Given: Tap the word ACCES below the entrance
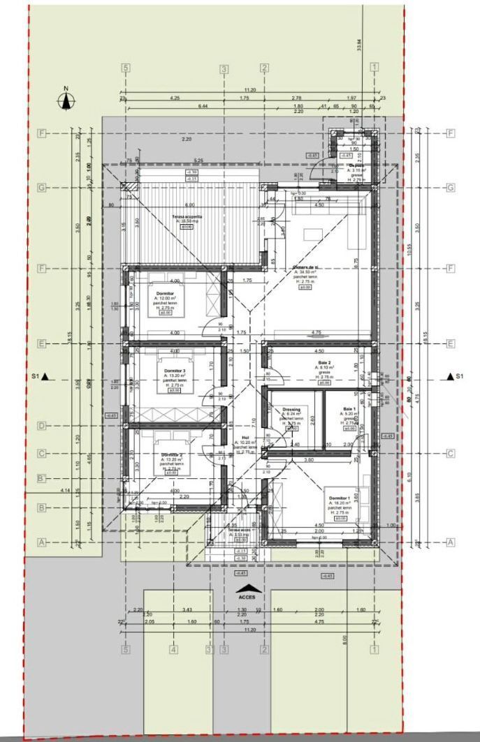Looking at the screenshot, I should [246, 598].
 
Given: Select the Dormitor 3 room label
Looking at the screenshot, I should [174, 371].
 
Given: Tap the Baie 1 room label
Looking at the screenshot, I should [349, 408].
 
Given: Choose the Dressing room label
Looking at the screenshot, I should [291, 410].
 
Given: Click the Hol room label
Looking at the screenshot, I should [245, 438].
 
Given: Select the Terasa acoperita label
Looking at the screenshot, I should [187, 217].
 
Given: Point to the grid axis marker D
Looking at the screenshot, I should [42, 426].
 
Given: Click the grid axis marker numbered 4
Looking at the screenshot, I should [174, 650].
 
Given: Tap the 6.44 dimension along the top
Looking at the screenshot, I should [203, 105].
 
